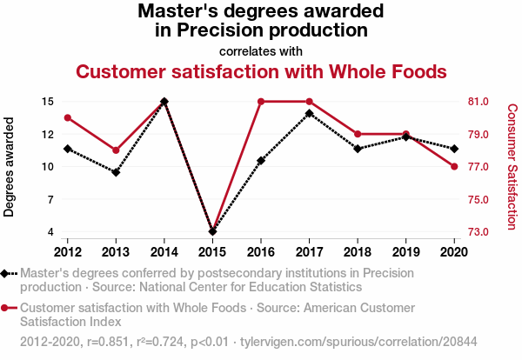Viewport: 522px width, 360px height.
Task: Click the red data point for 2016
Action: [261, 102]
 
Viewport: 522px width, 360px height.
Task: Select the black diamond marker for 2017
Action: [310, 113]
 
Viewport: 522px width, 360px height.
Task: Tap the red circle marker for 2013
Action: [116, 150]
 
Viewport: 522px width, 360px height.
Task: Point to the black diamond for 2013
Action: [116, 172]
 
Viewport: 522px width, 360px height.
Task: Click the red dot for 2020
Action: [454, 167]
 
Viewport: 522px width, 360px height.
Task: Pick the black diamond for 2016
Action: [261, 161]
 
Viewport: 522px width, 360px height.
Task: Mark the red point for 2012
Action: [68, 118]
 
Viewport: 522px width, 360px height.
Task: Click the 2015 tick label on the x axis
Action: [212, 252]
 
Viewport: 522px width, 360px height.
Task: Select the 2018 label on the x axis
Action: [358, 252]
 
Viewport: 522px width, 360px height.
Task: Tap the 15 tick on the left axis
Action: [48, 102]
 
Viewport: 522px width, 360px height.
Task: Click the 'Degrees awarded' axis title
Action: [10, 167]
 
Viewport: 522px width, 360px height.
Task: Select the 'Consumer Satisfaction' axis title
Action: [512, 167]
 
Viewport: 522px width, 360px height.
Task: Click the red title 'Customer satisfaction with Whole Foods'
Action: [261, 70]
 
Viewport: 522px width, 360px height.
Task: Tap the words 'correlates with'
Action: [261, 50]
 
